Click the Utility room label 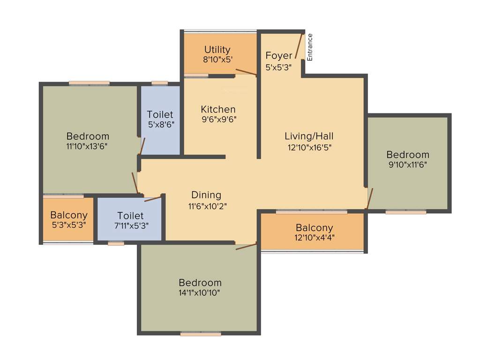coord(217,50)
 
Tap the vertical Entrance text coord(310,47)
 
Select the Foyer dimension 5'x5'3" coord(278,67)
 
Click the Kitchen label coord(218,109)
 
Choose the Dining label coord(206,195)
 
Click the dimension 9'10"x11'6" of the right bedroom coord(407,165)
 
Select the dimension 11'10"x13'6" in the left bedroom coord(88,146)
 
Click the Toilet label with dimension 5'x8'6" coord(160,114)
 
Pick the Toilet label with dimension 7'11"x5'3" coord(130,216)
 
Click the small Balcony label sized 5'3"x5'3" coord(69,215)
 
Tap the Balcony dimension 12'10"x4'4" coord(314,228)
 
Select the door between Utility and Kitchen coord(246,72)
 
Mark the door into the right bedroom coord(369,198)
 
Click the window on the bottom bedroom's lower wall coord(201,334)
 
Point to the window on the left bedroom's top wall coord(89,83)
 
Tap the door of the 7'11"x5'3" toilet coord(153,199)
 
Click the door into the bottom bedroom coord(246,246)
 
